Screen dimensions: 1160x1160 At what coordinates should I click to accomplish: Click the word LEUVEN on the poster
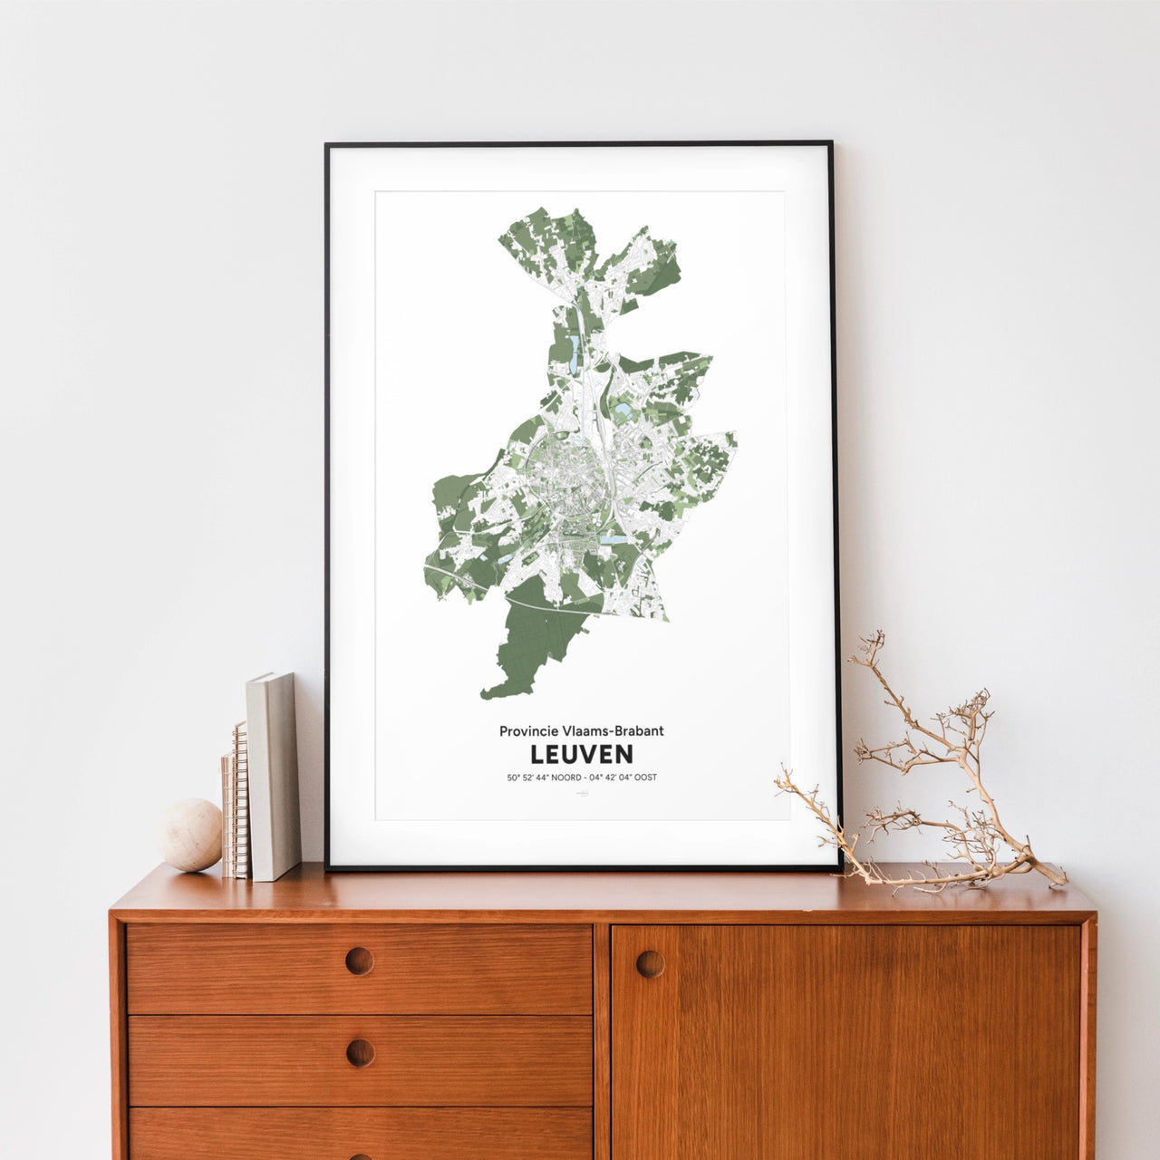tap(581, 754)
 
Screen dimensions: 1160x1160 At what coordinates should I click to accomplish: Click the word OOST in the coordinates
tap(645, 778)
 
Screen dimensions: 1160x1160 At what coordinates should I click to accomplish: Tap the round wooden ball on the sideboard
tap(190, 835)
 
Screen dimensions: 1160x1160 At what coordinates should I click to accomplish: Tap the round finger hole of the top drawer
tap(359, 961)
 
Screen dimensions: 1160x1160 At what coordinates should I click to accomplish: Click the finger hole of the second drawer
tap(360, 1052)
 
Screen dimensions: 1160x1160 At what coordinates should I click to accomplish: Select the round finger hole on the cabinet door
tap(650, 963)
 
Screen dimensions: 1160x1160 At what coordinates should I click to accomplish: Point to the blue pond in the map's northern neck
tap(574, 346)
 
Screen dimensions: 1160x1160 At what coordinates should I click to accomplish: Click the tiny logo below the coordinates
tap(582, 794)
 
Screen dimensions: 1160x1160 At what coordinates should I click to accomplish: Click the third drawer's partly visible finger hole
tap(360, 1155)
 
